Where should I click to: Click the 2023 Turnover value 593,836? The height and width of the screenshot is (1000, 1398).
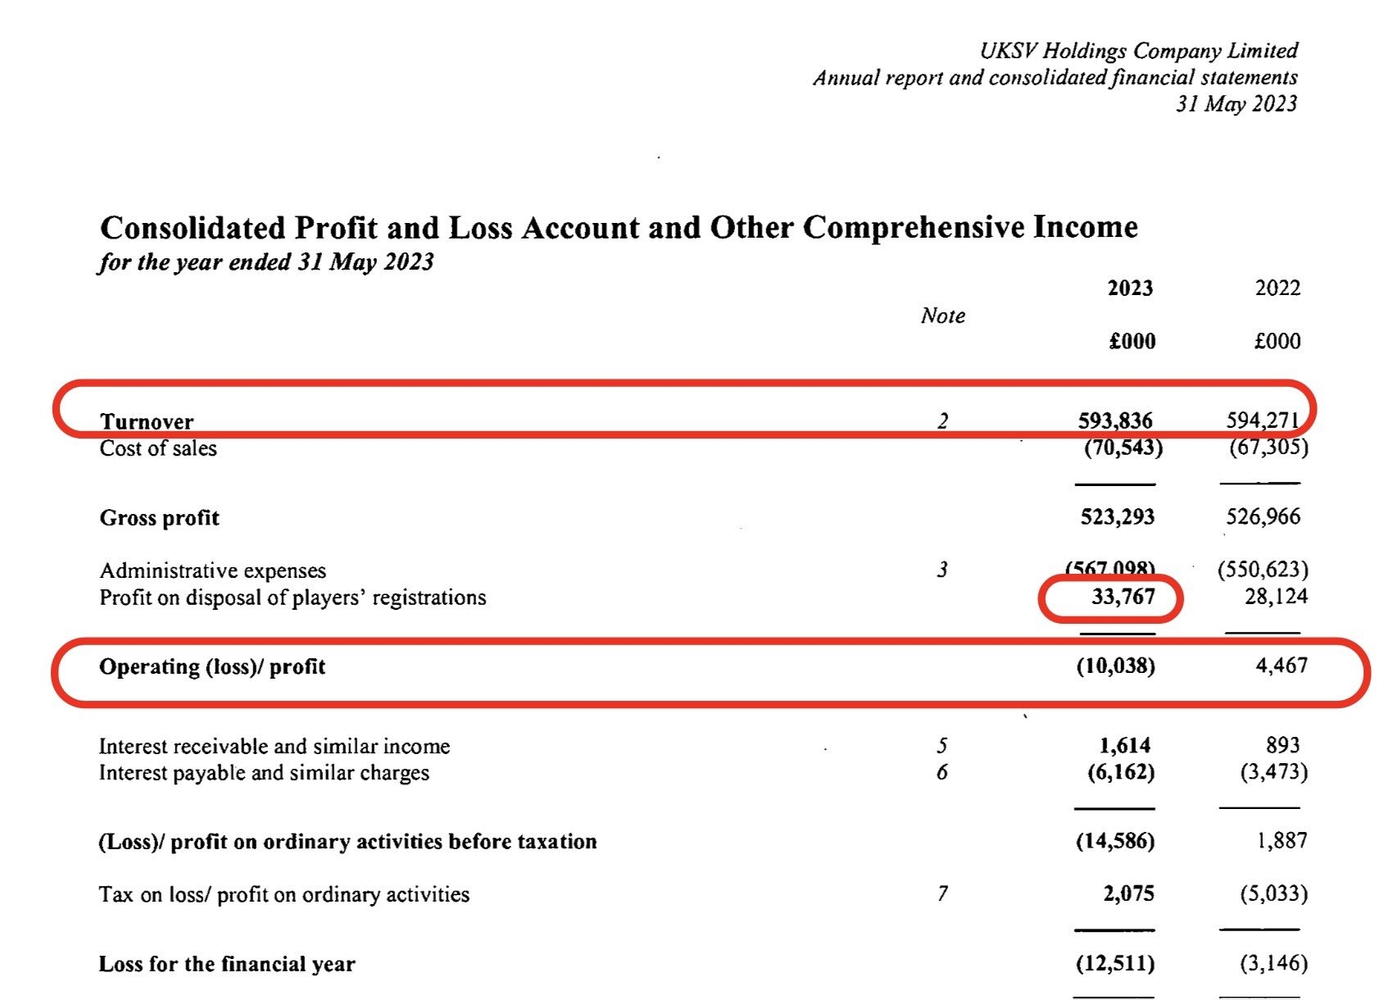pos(1115,420)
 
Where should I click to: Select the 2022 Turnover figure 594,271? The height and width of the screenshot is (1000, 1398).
pos(1263,420)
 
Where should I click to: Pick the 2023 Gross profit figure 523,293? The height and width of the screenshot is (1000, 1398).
pos(1118,517)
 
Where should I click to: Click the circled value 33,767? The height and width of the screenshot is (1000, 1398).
pos(1123,597)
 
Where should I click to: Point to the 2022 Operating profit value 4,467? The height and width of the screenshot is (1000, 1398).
pos(1282,665)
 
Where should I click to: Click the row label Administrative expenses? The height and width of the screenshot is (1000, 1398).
pos(212,570)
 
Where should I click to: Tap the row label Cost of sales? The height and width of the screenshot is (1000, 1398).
pos(158,448)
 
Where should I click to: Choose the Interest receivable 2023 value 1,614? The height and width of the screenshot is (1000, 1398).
pos(1124,745)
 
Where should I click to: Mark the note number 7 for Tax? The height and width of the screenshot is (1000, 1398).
pos(942,893)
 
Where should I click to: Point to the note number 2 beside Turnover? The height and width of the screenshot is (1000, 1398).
pos(942,421)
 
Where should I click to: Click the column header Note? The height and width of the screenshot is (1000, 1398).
pos(942,316)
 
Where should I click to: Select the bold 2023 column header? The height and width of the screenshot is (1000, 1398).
pos(1130,288)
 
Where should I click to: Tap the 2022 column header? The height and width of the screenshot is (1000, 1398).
pos(1278,288)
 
